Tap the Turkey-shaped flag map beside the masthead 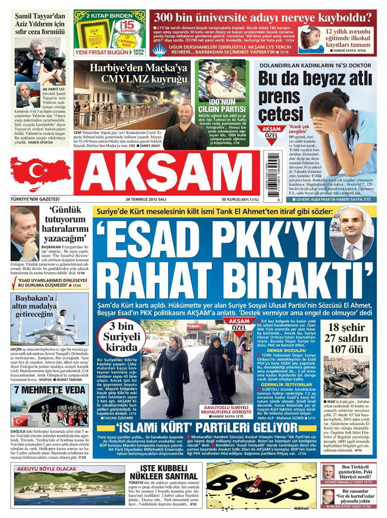[x=40, y=173]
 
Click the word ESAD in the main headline [x=150, y=242]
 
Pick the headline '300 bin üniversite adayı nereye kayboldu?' [x=265, y=16]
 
